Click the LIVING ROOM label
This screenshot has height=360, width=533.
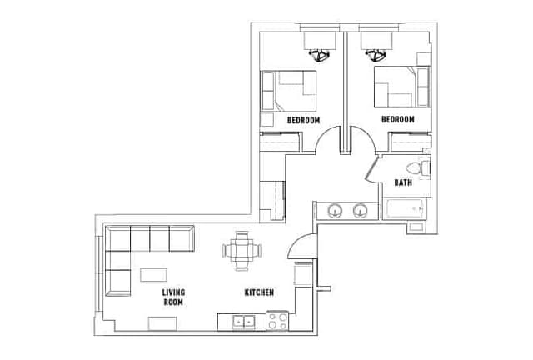click(173, 297)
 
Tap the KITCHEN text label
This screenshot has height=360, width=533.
click(258, 292)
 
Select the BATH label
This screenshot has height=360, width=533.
click(403, 182)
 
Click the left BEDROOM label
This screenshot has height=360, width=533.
click(304, 120)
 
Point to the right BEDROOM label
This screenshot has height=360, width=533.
click(398, 120)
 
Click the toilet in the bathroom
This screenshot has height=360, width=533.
click(425, 168)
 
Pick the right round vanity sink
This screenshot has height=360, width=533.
click(361, 210)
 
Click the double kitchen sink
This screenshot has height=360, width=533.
click(244, 320)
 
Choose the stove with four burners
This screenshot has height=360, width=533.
click(277, 320)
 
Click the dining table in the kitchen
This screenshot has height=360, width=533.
click(241, 251)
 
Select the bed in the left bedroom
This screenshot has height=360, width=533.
click(291, 90)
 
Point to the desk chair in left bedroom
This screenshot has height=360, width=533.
click(318, 55)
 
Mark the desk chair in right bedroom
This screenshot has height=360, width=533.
click(376, 55)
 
